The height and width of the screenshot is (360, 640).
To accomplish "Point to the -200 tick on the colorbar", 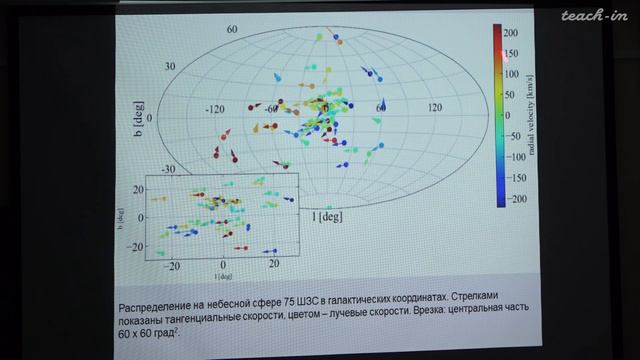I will coord(514,200).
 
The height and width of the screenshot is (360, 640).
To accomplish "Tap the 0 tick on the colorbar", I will coord(510,116).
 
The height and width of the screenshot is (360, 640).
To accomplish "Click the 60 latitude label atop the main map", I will coord(232,30).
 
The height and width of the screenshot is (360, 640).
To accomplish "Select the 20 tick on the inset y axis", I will coord(133,195).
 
